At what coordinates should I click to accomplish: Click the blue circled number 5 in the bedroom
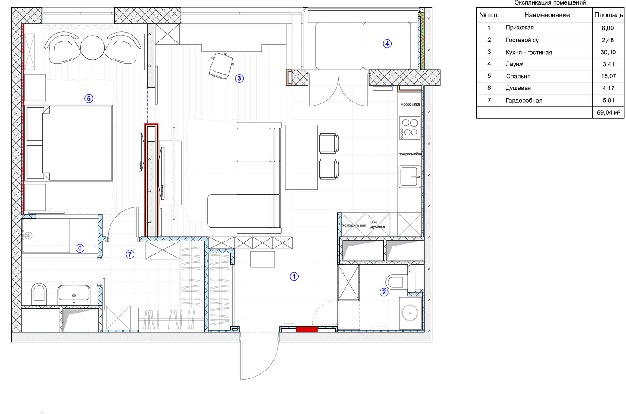point(88,99)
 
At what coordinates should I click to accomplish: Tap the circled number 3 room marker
point(239,78)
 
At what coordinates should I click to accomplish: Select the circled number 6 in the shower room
point(80,248)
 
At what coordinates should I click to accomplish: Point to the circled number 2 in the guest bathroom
point(384,292)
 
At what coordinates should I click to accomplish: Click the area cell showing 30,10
point(608,52)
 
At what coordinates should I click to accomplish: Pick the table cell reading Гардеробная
point(524,101)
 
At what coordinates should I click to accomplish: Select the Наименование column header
point(547,15)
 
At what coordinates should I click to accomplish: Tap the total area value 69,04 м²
point(608,113)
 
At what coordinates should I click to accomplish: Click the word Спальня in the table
point(518,76)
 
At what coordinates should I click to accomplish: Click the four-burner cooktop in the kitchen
point(410,128)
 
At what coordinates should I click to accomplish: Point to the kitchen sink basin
point(410,176)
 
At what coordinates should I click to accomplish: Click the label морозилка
point(410,104)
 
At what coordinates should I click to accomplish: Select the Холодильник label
point(354,226)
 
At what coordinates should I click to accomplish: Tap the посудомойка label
point(410,154)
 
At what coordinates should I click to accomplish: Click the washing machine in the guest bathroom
point(410,313)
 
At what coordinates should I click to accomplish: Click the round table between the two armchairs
point(92,48)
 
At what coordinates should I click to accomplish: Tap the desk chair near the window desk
point(221,66)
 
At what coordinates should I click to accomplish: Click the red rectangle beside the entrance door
point(307,329)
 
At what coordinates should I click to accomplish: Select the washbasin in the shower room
point(74,294)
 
